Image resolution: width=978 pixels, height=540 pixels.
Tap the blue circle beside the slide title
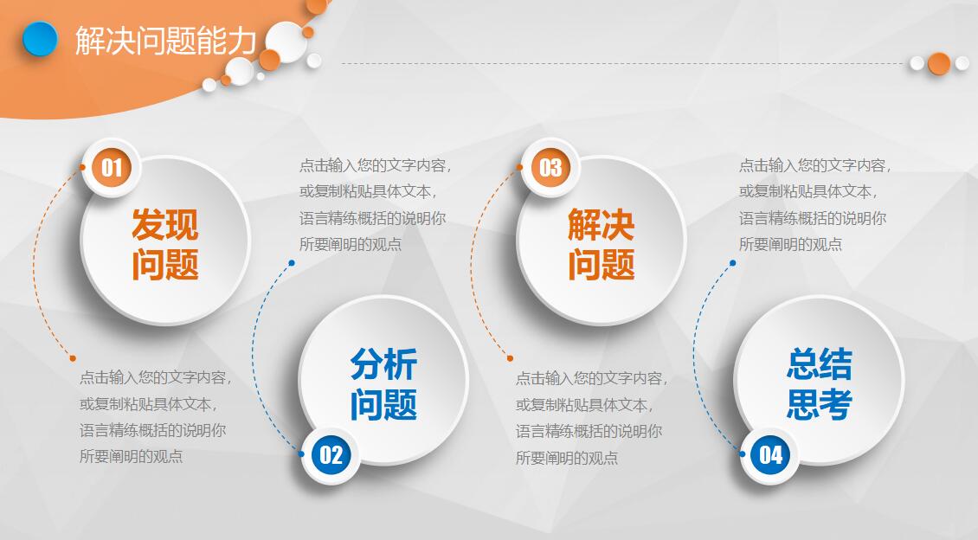pos(40,39)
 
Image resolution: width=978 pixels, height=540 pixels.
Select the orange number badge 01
pos(112,166)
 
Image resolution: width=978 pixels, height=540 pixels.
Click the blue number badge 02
pos(331,454)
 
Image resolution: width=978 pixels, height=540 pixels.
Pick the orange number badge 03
pos(550,167)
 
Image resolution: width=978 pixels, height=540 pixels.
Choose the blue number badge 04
pos(770,454)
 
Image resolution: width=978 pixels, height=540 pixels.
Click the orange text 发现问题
pos(164,245)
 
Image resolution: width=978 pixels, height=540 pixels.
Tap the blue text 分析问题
pos(383,384)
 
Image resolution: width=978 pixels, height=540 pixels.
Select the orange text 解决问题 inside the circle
pos(601,245)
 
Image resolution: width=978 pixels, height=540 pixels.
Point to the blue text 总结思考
pos(819,384)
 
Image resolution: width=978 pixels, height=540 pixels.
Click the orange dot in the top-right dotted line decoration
pos(939,63)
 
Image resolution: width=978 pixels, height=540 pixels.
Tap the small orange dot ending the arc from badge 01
pos(73,358)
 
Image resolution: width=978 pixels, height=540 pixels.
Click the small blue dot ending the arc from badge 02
pos(292,263)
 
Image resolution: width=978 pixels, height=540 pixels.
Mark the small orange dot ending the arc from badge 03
pos(510,358)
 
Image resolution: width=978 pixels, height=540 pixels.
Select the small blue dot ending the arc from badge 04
pos(732,263)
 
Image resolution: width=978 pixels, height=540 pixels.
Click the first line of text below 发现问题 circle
pos(156,378)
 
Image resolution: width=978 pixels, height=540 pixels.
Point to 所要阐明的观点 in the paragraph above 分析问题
pos(351,244)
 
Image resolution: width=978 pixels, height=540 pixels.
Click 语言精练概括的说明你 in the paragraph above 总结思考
pos(813,218)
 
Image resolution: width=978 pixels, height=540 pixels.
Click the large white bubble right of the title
pos(286,41)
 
